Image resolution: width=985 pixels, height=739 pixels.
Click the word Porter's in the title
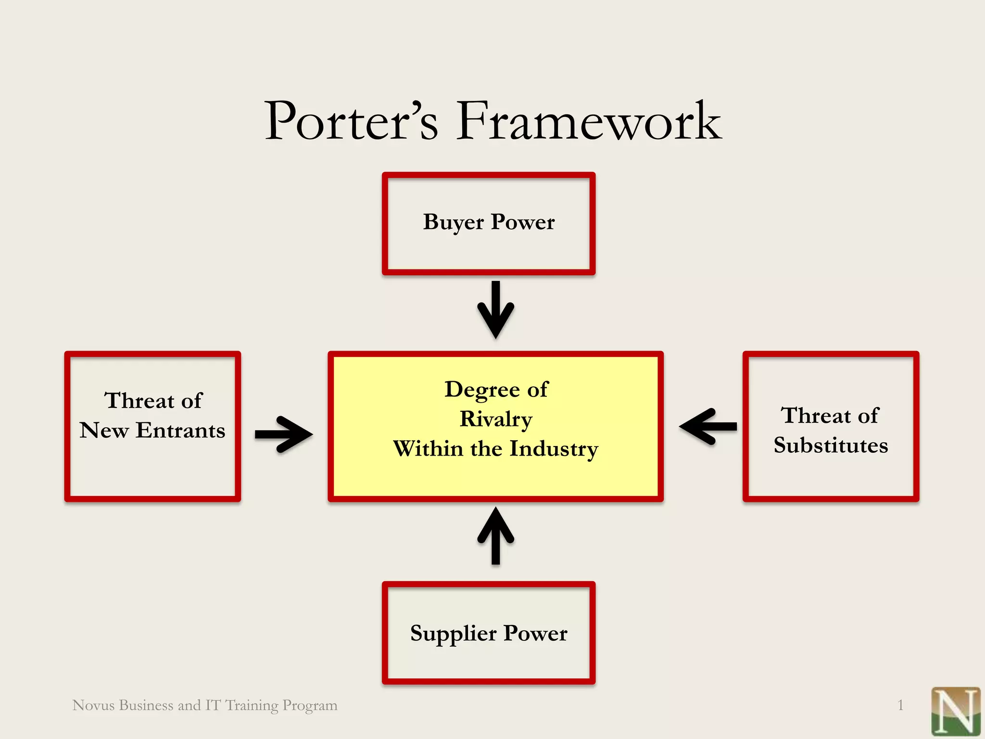point(351,121)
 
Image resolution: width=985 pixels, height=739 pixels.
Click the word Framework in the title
point(589,121)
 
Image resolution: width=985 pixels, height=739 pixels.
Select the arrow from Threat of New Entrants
point(284,434)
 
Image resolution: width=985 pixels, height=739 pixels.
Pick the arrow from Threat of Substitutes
point(708,426)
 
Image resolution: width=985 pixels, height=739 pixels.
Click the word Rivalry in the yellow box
point(496,419)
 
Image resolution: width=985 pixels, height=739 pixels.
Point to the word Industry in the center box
point(554,448)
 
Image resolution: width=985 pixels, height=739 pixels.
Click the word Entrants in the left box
point(180,430)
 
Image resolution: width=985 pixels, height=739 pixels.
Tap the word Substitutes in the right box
point(831,445)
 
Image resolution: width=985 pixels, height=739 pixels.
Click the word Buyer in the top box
point(453,223)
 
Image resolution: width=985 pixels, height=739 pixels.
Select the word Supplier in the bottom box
point(453,634)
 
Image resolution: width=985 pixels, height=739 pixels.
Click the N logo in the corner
point(955,711)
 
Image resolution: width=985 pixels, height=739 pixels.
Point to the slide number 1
point(900,705)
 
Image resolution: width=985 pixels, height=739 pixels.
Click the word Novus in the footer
point(93,705)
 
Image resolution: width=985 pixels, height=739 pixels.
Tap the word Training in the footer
point(252,705)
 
